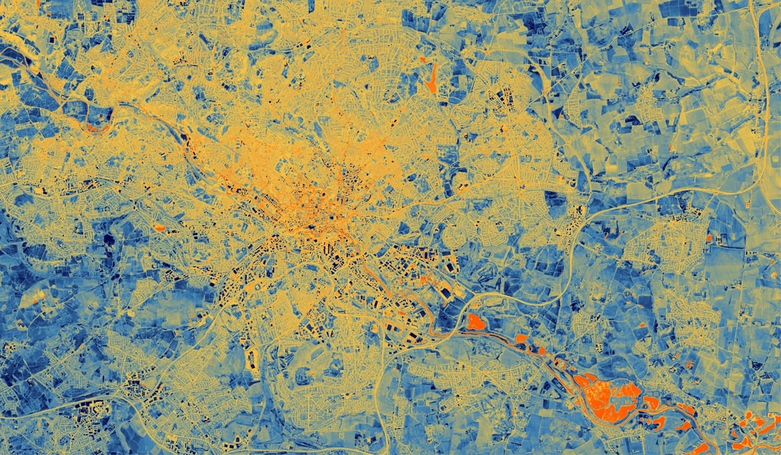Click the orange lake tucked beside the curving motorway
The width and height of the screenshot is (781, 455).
(x=477, y=322)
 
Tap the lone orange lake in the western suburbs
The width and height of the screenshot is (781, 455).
(x=159, y=228)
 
